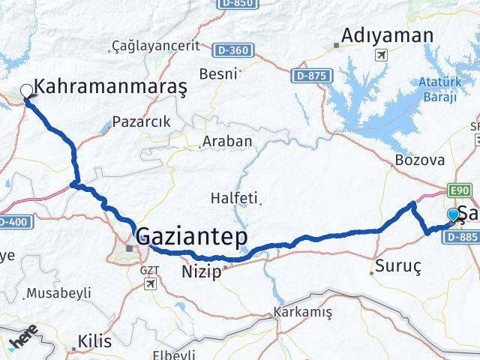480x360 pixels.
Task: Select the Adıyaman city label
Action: (387, 35)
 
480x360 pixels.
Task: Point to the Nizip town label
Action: (201, 271)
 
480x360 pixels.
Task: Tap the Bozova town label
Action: (420, 160)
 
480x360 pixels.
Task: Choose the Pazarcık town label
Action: (141, 121)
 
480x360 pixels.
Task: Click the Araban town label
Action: (227, 141)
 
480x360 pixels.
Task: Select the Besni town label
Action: (217, 73)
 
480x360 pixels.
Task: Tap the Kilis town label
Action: (94, 341)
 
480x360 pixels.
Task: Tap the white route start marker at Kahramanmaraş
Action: (27, 91)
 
